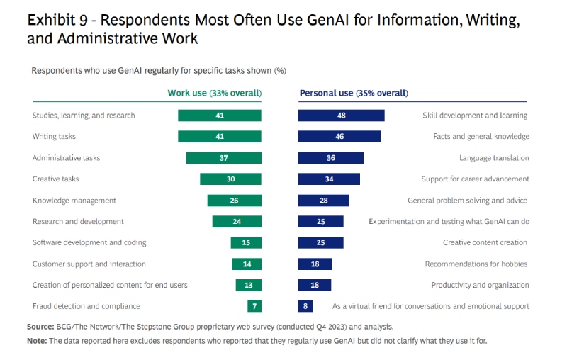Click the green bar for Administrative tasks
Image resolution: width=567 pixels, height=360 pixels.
[x=223, y=158]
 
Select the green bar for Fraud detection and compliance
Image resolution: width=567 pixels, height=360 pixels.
[x=254, y=306]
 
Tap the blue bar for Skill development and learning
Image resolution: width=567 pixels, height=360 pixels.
[x=341, y=116]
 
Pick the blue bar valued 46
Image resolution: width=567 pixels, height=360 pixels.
[x=339, y=137]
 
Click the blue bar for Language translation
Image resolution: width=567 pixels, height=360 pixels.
[x=330, y=158]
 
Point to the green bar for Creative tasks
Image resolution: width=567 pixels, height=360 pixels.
[x=230, y=179]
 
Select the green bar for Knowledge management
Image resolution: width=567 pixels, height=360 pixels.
[x=234, y=201]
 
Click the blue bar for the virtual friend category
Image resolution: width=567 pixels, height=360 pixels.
[x=305, y=306]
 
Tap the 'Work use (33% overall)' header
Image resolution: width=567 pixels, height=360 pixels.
[x=214, y=93]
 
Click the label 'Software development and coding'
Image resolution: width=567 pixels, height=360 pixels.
[x=89, y=242]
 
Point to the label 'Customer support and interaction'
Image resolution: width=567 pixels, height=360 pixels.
[x=89, y=264]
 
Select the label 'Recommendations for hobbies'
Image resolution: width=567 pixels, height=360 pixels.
[x=476, y=264]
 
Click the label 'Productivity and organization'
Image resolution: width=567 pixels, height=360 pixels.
[x=480, y=285]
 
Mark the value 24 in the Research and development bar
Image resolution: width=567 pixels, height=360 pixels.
[x=237, y=222]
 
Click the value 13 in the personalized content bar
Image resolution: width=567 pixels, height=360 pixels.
[x=248, y=285]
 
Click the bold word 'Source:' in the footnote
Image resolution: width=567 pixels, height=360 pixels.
[x=40, y=327]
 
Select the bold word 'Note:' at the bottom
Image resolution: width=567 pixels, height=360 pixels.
[x=37, y=341]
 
